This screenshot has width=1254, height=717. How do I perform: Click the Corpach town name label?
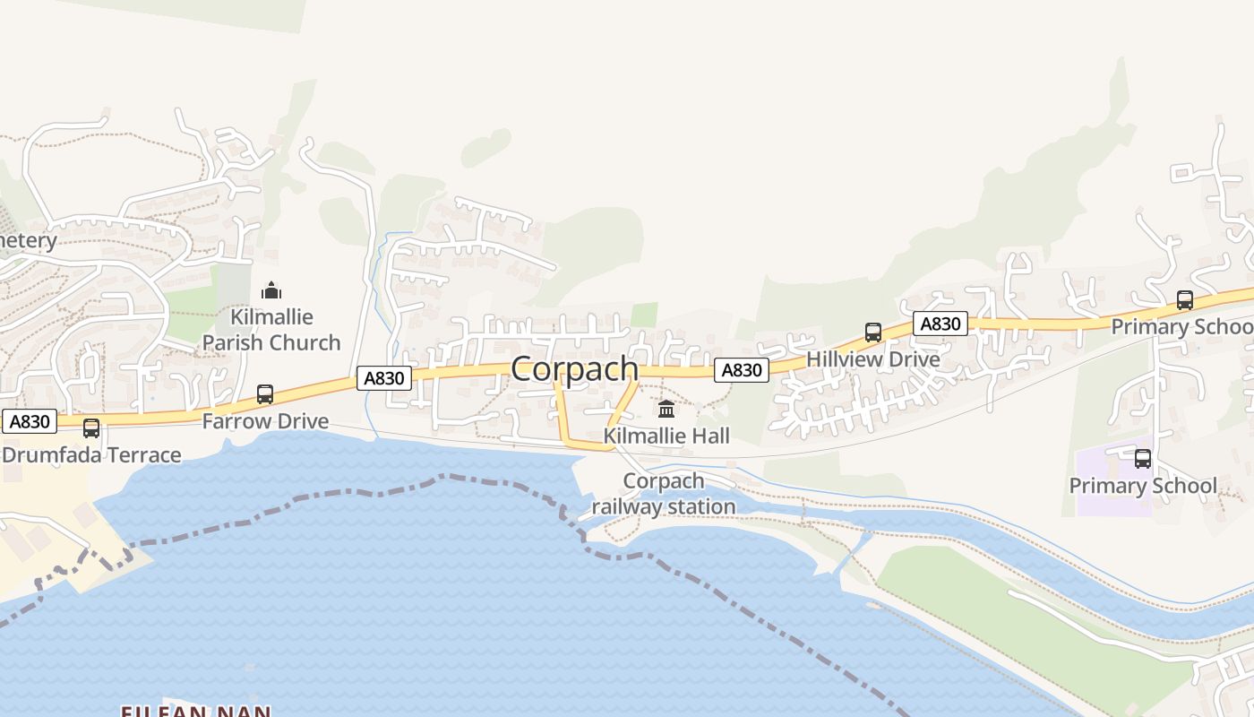click(574, 369)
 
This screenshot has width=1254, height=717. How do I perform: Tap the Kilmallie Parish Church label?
click(271, 330)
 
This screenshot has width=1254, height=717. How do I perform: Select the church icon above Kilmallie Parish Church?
click(271, 290)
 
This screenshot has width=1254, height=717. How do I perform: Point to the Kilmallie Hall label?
click(666, 436)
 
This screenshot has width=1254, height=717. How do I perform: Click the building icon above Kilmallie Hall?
click(666, 410)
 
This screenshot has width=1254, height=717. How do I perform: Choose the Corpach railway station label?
click(664, 494)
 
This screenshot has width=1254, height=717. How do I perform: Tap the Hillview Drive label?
click(873, 359)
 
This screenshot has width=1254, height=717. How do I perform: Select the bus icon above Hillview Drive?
click(873, 333)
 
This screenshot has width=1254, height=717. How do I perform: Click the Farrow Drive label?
click(265, 421)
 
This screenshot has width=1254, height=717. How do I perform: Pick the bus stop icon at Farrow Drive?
click(265, 394)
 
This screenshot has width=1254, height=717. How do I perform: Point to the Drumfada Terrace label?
click(91, 455)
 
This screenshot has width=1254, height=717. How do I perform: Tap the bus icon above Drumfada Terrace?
click(91, 428)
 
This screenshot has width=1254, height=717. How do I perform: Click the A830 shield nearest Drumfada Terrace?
click(30, 421)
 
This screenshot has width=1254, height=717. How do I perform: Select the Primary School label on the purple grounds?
click(1143, 487)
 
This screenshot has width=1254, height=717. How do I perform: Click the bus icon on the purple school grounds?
click(1143, 460)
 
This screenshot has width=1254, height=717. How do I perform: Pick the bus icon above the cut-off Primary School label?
click(1185, 300)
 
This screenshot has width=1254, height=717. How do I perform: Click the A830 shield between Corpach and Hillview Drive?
click(742, 369)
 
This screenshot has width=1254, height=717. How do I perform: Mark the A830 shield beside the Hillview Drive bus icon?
click(940, 324)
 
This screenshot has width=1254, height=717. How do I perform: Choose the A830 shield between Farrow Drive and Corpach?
click(384, 378)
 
